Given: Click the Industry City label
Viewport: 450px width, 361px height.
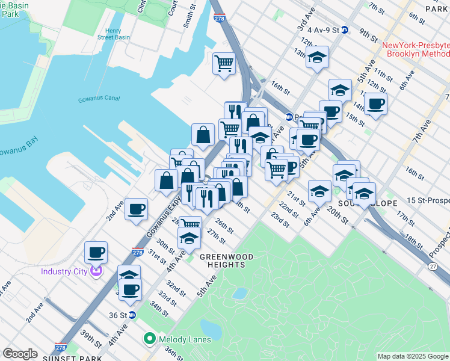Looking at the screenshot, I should (65, 271).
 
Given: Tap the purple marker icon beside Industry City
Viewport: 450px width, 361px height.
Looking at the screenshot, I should (96, 271).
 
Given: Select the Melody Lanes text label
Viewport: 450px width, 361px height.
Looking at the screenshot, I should (185, 339).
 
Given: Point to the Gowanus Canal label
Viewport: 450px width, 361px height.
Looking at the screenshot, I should (99, 99).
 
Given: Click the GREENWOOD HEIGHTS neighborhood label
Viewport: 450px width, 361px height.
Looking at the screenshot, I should (223, 261).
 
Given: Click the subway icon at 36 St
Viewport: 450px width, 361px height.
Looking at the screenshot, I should (133, 315).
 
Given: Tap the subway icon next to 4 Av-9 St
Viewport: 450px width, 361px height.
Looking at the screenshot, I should (345, 29).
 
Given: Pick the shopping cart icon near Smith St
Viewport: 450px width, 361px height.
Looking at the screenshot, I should (224, 62).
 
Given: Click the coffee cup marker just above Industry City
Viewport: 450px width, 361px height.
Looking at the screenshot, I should (96, 251).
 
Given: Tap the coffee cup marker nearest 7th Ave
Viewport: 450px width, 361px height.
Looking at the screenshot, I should (376, 103).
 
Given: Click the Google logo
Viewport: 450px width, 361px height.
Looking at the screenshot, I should (20, 354).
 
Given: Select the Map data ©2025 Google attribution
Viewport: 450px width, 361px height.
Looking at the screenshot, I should (412, 356).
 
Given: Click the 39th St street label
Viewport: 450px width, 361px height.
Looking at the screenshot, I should (92, 343).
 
